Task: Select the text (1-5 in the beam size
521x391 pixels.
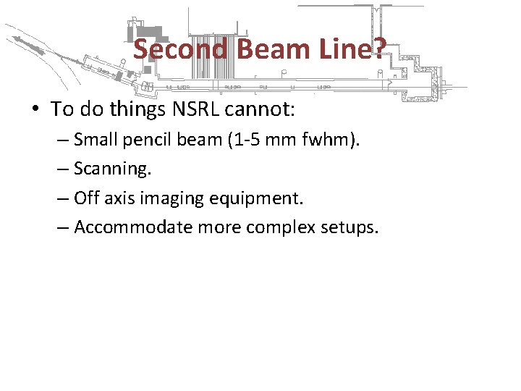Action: pyautogui.click(x=242, y=139)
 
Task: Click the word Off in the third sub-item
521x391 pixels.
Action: pyautogui.click(x=87, y=198)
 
